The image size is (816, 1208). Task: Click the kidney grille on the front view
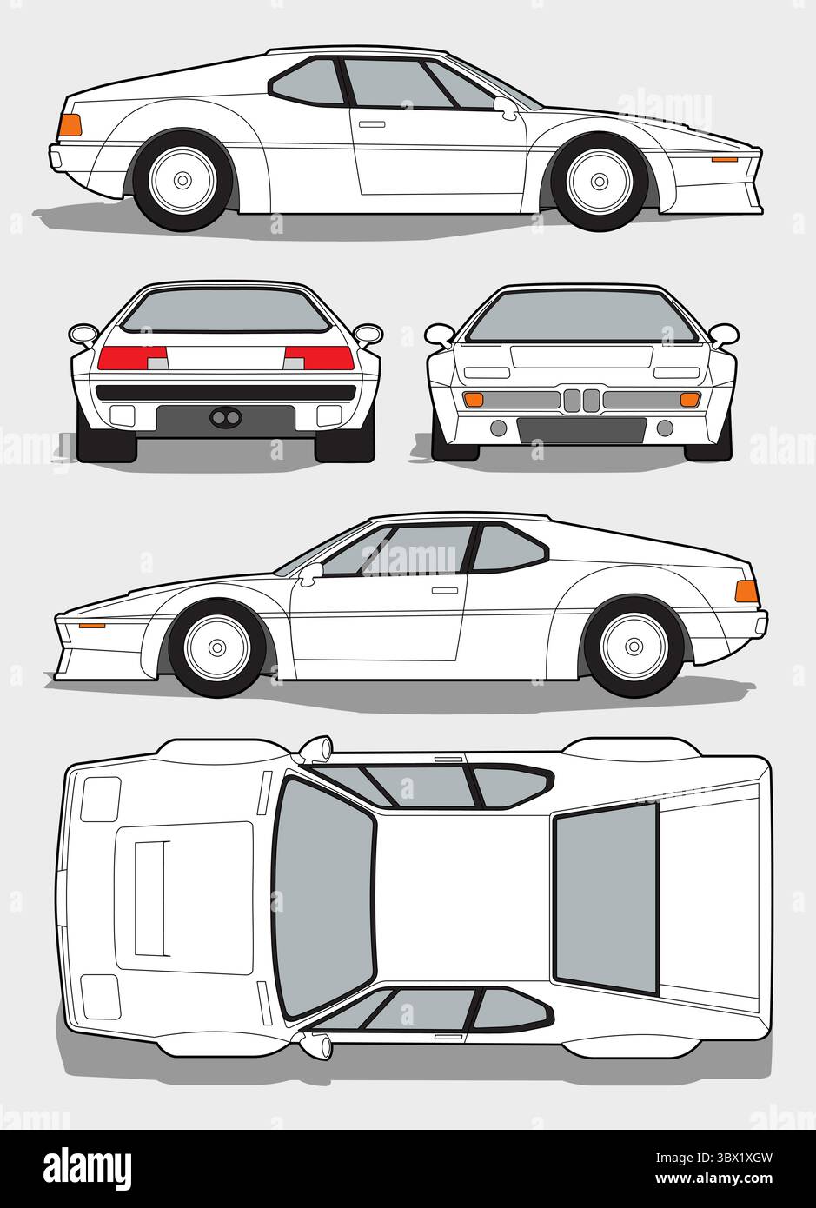click(581, 401)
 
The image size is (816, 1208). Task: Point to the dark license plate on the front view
click(581, 429)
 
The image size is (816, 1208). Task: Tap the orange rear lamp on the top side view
click(70, 125)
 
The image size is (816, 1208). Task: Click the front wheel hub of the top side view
click(598, 181)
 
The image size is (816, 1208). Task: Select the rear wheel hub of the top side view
click(182, 181)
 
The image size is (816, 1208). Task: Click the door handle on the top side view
click(372, 124)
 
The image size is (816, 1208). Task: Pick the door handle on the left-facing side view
click(445, 590)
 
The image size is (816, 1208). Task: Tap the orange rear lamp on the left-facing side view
click(746, 592)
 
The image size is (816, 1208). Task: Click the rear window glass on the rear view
click(225, 311)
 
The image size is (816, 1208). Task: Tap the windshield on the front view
click(581, 318)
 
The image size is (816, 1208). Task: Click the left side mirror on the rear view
click(84, 334)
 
